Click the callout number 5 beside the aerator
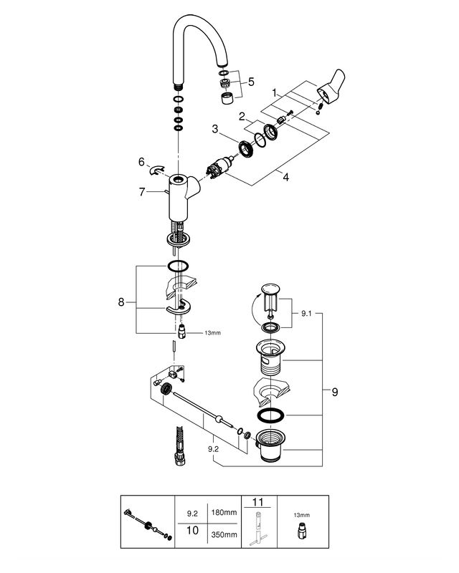click(x=251, y=82)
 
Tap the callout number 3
click(x=215, y=129)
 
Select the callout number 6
click(x=142, y=162)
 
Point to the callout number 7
click(x=142, y=191)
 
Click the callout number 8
click(x=121, y=302)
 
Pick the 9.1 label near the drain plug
click(x=306, y=313)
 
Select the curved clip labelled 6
click(x=156, y=170)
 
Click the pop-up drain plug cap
click(x=270, y=288)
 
